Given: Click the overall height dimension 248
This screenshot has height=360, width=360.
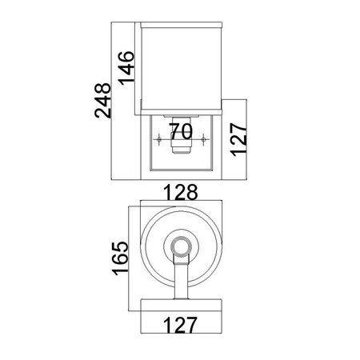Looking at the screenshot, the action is [x=102, y=101].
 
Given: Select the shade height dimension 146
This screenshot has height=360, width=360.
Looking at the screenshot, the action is [x=126, y=68].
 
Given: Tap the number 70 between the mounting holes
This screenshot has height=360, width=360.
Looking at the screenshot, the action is [x=181, y=131].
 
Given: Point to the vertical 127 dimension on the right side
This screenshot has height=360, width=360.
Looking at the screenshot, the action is [x=238, y=139].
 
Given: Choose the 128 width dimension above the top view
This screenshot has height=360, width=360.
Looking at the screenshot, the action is [x=180, y=192].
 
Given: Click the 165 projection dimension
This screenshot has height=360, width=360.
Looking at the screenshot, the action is [x=120, y=258].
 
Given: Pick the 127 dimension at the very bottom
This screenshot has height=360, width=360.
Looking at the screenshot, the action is [x=180, y=325].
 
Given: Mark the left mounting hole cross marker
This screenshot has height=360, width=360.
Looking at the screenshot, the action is [x=159, y=139].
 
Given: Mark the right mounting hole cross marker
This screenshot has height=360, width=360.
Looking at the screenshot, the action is [x=204, y=139].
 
